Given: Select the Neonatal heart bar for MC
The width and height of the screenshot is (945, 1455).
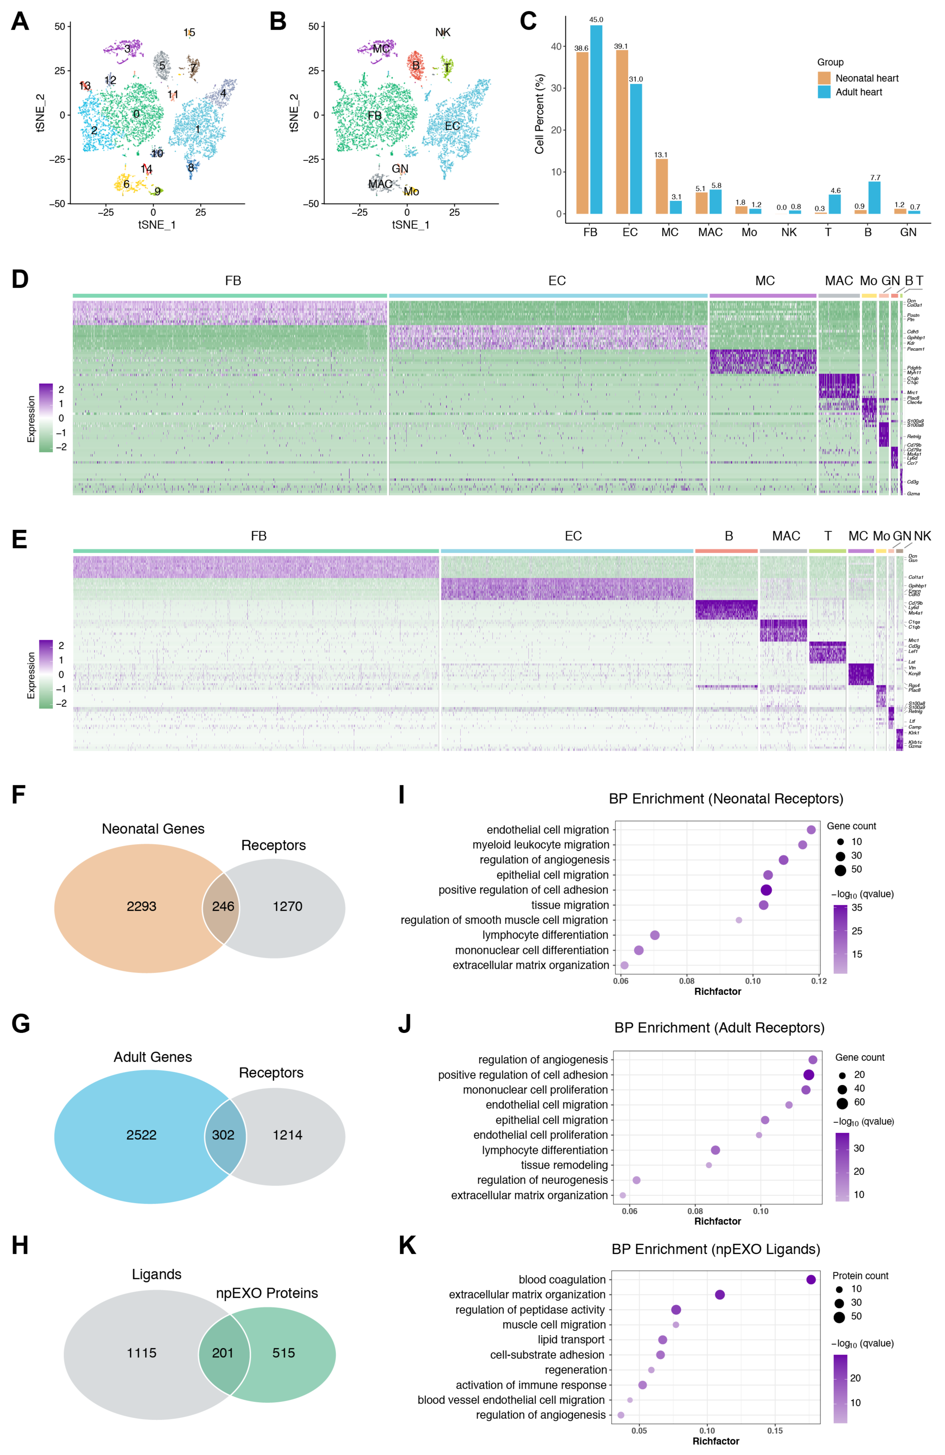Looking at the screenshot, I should [x=661, y=186].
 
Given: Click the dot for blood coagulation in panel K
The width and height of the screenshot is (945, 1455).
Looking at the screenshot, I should [x=810, y=1280].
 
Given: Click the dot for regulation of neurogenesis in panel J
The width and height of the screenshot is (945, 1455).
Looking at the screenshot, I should [x=636, y=1180].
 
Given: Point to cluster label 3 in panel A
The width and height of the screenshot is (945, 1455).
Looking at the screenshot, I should [x=127, y=48].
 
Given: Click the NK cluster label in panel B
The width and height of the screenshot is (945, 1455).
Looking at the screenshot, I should [x=443, y=32].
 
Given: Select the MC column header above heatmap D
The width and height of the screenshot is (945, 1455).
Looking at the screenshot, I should [x=765, y=281].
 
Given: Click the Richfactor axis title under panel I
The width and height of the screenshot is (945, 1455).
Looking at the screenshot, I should [x=717, y=992].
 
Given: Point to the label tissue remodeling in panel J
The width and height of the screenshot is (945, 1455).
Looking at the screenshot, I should [x=564, y=1165].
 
